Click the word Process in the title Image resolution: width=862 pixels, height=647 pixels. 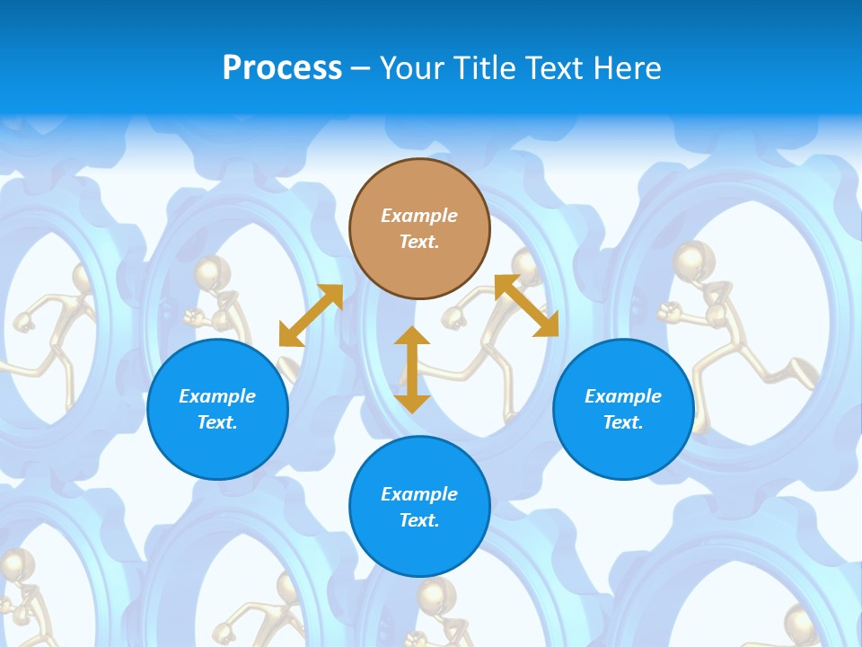(x=282, y=68)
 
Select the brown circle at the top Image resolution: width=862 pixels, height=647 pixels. (x=419, y=228)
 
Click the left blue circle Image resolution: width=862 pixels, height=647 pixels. (x=217, y=409)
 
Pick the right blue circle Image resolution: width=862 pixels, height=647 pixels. (x=623, y=409)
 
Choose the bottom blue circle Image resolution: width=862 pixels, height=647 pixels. (x=419, y=507)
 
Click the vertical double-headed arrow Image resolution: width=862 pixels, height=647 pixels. (x=412, y=369)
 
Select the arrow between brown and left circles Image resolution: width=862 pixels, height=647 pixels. (x=311, y=315)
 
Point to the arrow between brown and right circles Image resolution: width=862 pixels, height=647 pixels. (x=526, y=306)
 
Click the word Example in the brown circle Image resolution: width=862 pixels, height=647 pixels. (x=419, y=216)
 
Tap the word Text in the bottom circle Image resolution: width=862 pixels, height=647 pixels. (x=419, y=520)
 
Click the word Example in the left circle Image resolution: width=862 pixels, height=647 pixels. (x=217, y=396)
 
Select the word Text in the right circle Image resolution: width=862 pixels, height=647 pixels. (x=623, y=422)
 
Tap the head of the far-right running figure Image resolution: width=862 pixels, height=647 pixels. (x=690, y=260)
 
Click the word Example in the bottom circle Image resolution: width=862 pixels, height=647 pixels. (x=419, y=494)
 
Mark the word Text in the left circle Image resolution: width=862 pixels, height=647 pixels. (x=217, y=422)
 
